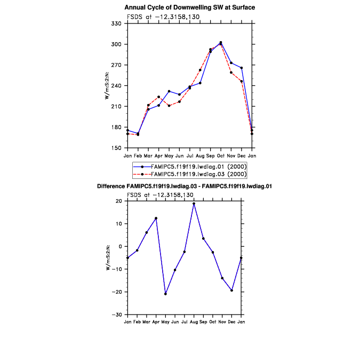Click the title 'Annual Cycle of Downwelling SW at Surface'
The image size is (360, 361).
click(189, 7)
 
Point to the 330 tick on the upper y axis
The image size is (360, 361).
click(116, 23)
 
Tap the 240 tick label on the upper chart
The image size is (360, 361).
click(116, 85)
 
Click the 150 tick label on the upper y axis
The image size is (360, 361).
click(116, 148)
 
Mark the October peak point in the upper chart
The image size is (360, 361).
click(221, 42)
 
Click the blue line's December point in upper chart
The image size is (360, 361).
click(242, 68)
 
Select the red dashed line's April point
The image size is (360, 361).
click(158, 97)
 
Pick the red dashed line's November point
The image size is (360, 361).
click(231, 72)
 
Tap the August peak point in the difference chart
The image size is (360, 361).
click(194, 203)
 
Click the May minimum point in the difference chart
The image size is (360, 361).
click(165, 294)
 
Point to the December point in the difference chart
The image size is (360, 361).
click(231, 290)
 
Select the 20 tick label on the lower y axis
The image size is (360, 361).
click(118, 201)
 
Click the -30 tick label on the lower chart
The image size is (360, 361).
click(116, 315)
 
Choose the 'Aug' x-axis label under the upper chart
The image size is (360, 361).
click(200, 155)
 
